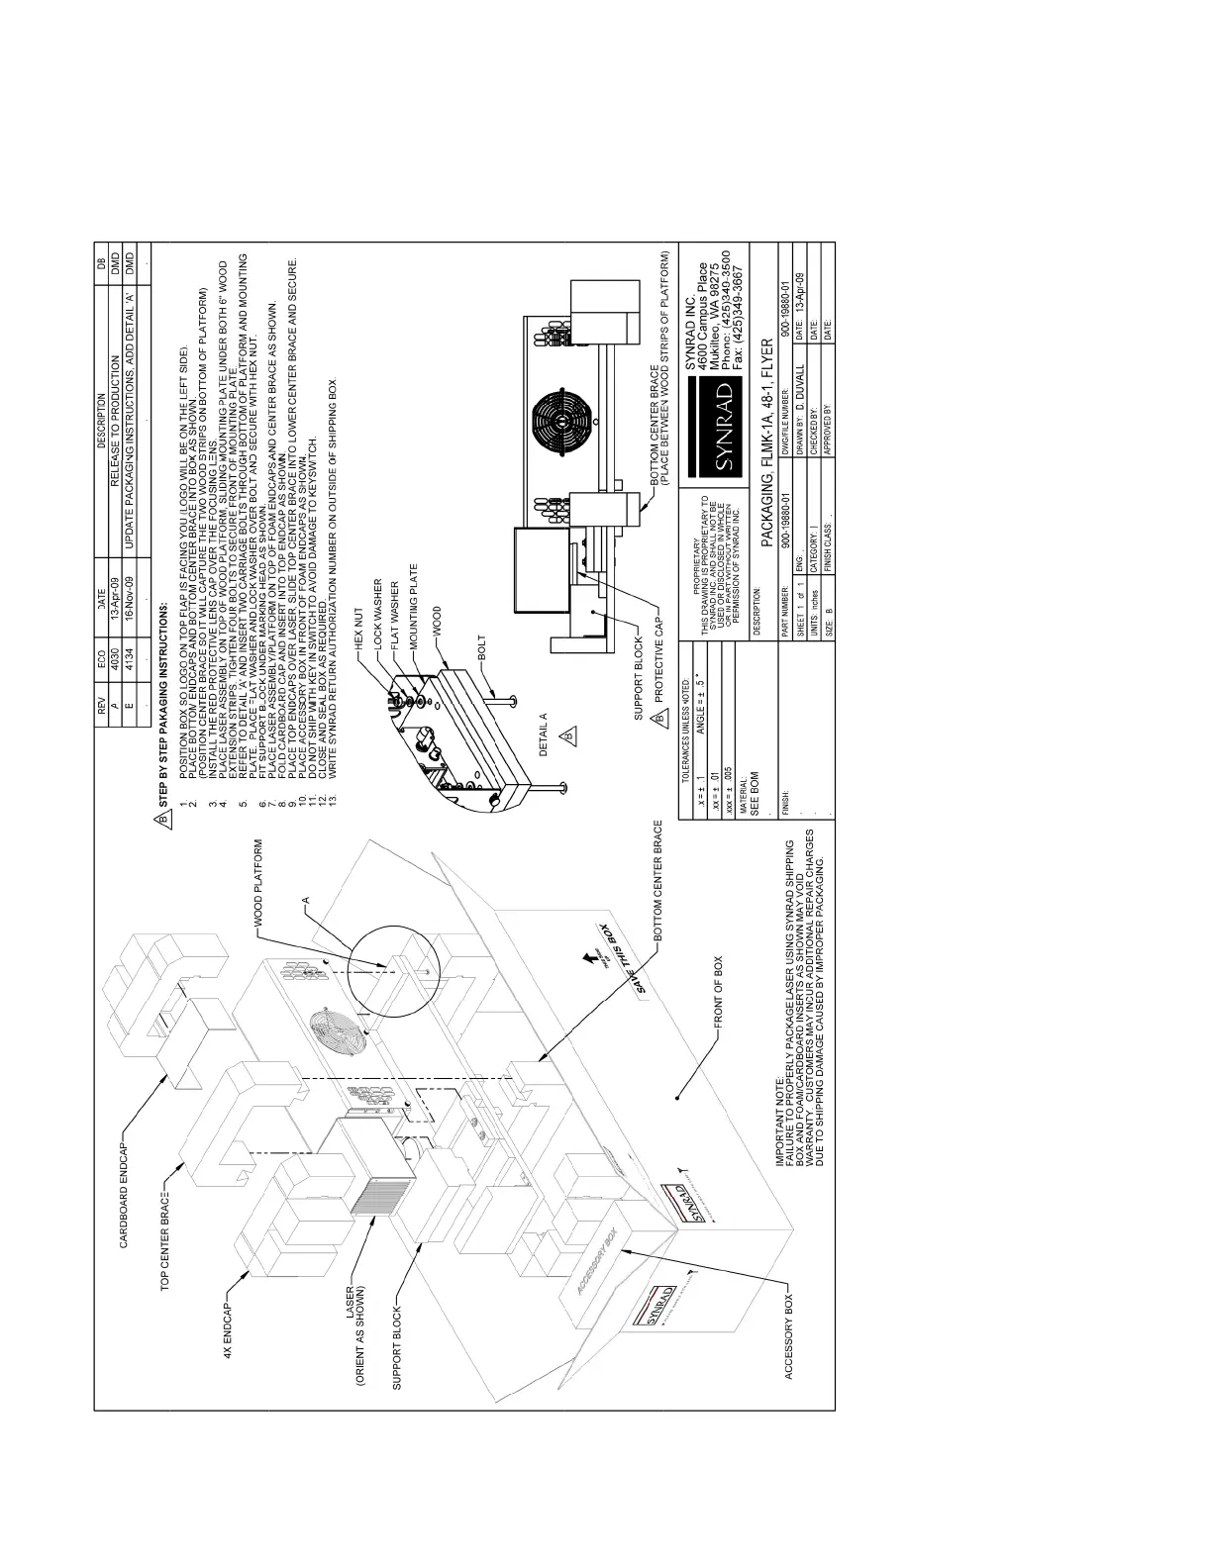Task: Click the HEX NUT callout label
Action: pos(359,624)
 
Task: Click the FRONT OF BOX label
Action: pos(719,994)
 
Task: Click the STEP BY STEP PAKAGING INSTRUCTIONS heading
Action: pos(164,707)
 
